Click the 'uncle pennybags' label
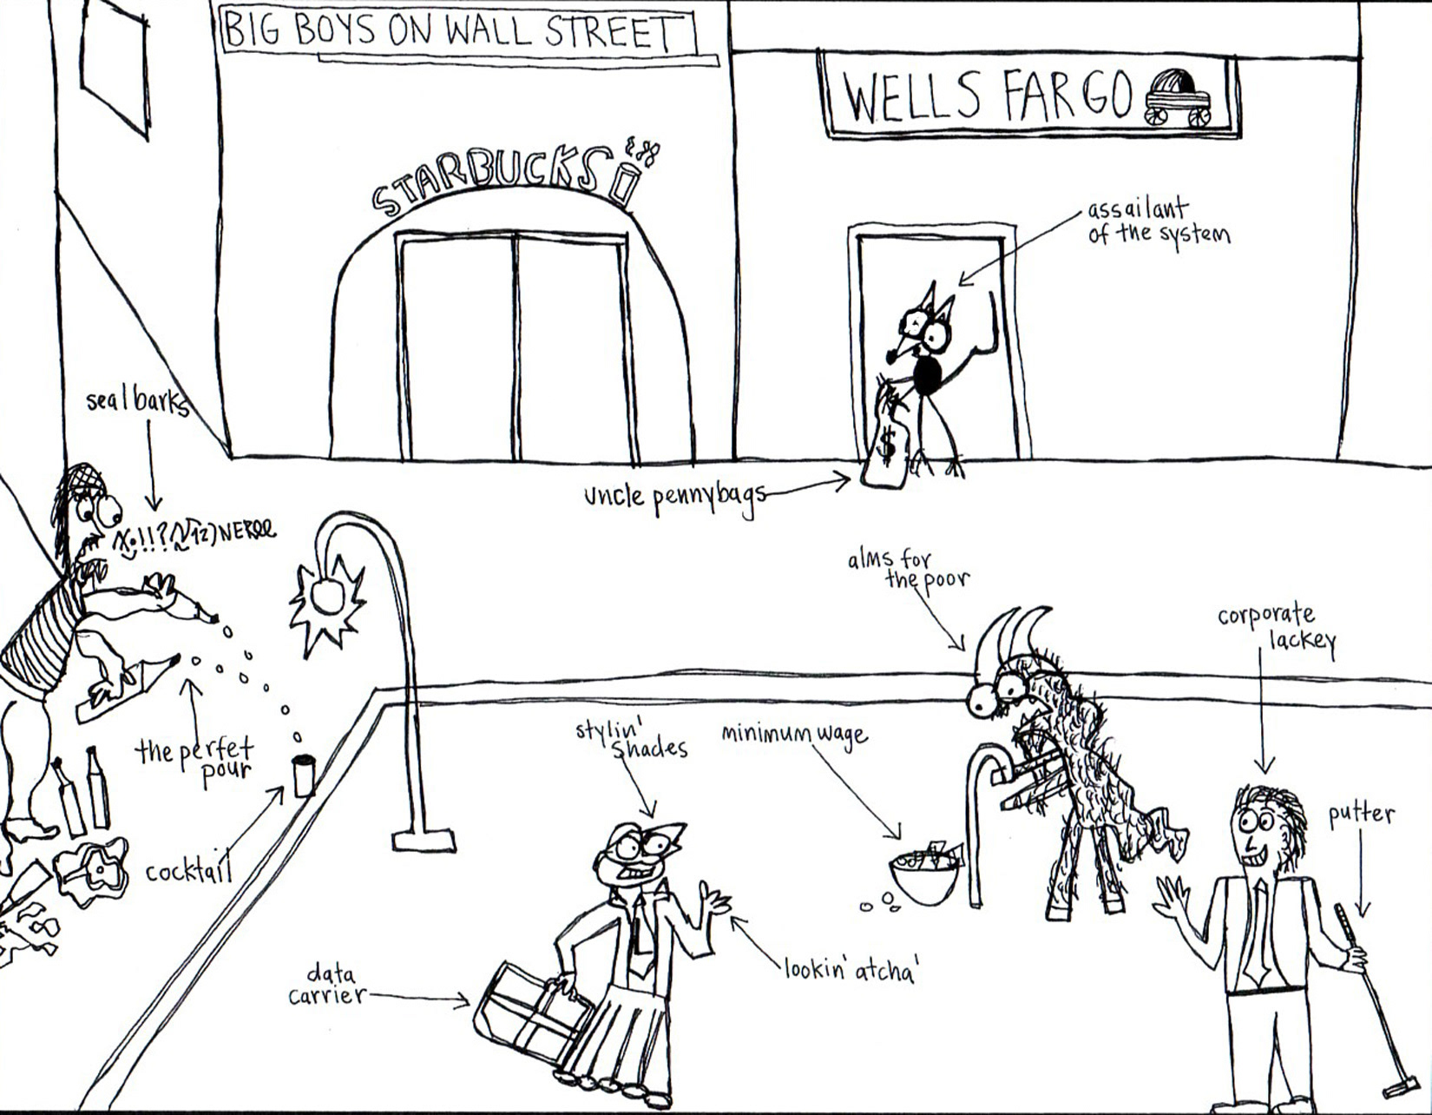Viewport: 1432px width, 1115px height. point(674,497)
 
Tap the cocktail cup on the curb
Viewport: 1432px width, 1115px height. point(303,775)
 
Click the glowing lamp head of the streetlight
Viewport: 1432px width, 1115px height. point(327,599)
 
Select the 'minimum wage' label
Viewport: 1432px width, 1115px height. point(794,735)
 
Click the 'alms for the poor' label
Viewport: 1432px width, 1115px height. point(908,569)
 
